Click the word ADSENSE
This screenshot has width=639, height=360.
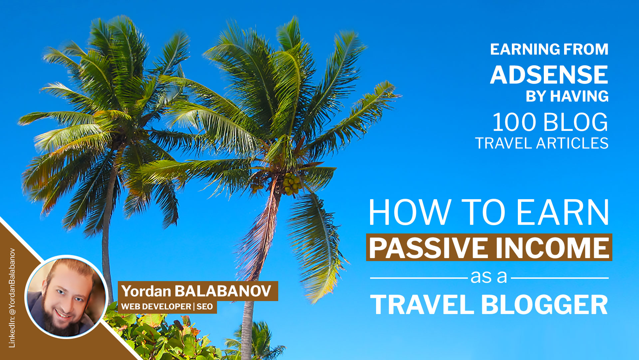click(549, 75)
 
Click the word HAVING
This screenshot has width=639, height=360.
click(579, 96)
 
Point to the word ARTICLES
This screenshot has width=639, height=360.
click(572, 143)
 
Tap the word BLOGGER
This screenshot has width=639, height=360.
click(544, 305)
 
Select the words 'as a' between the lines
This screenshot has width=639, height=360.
click(489, 277)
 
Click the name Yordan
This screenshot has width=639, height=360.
click(146, 291)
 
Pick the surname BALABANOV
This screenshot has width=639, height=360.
click(223, 291)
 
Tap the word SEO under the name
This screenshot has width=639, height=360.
click(204, 306)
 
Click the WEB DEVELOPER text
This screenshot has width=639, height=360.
click(156, 306)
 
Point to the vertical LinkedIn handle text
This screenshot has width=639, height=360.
click(12, 298)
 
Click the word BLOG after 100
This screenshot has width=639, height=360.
click(576, 122)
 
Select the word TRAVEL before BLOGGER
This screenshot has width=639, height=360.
click(422, 305)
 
